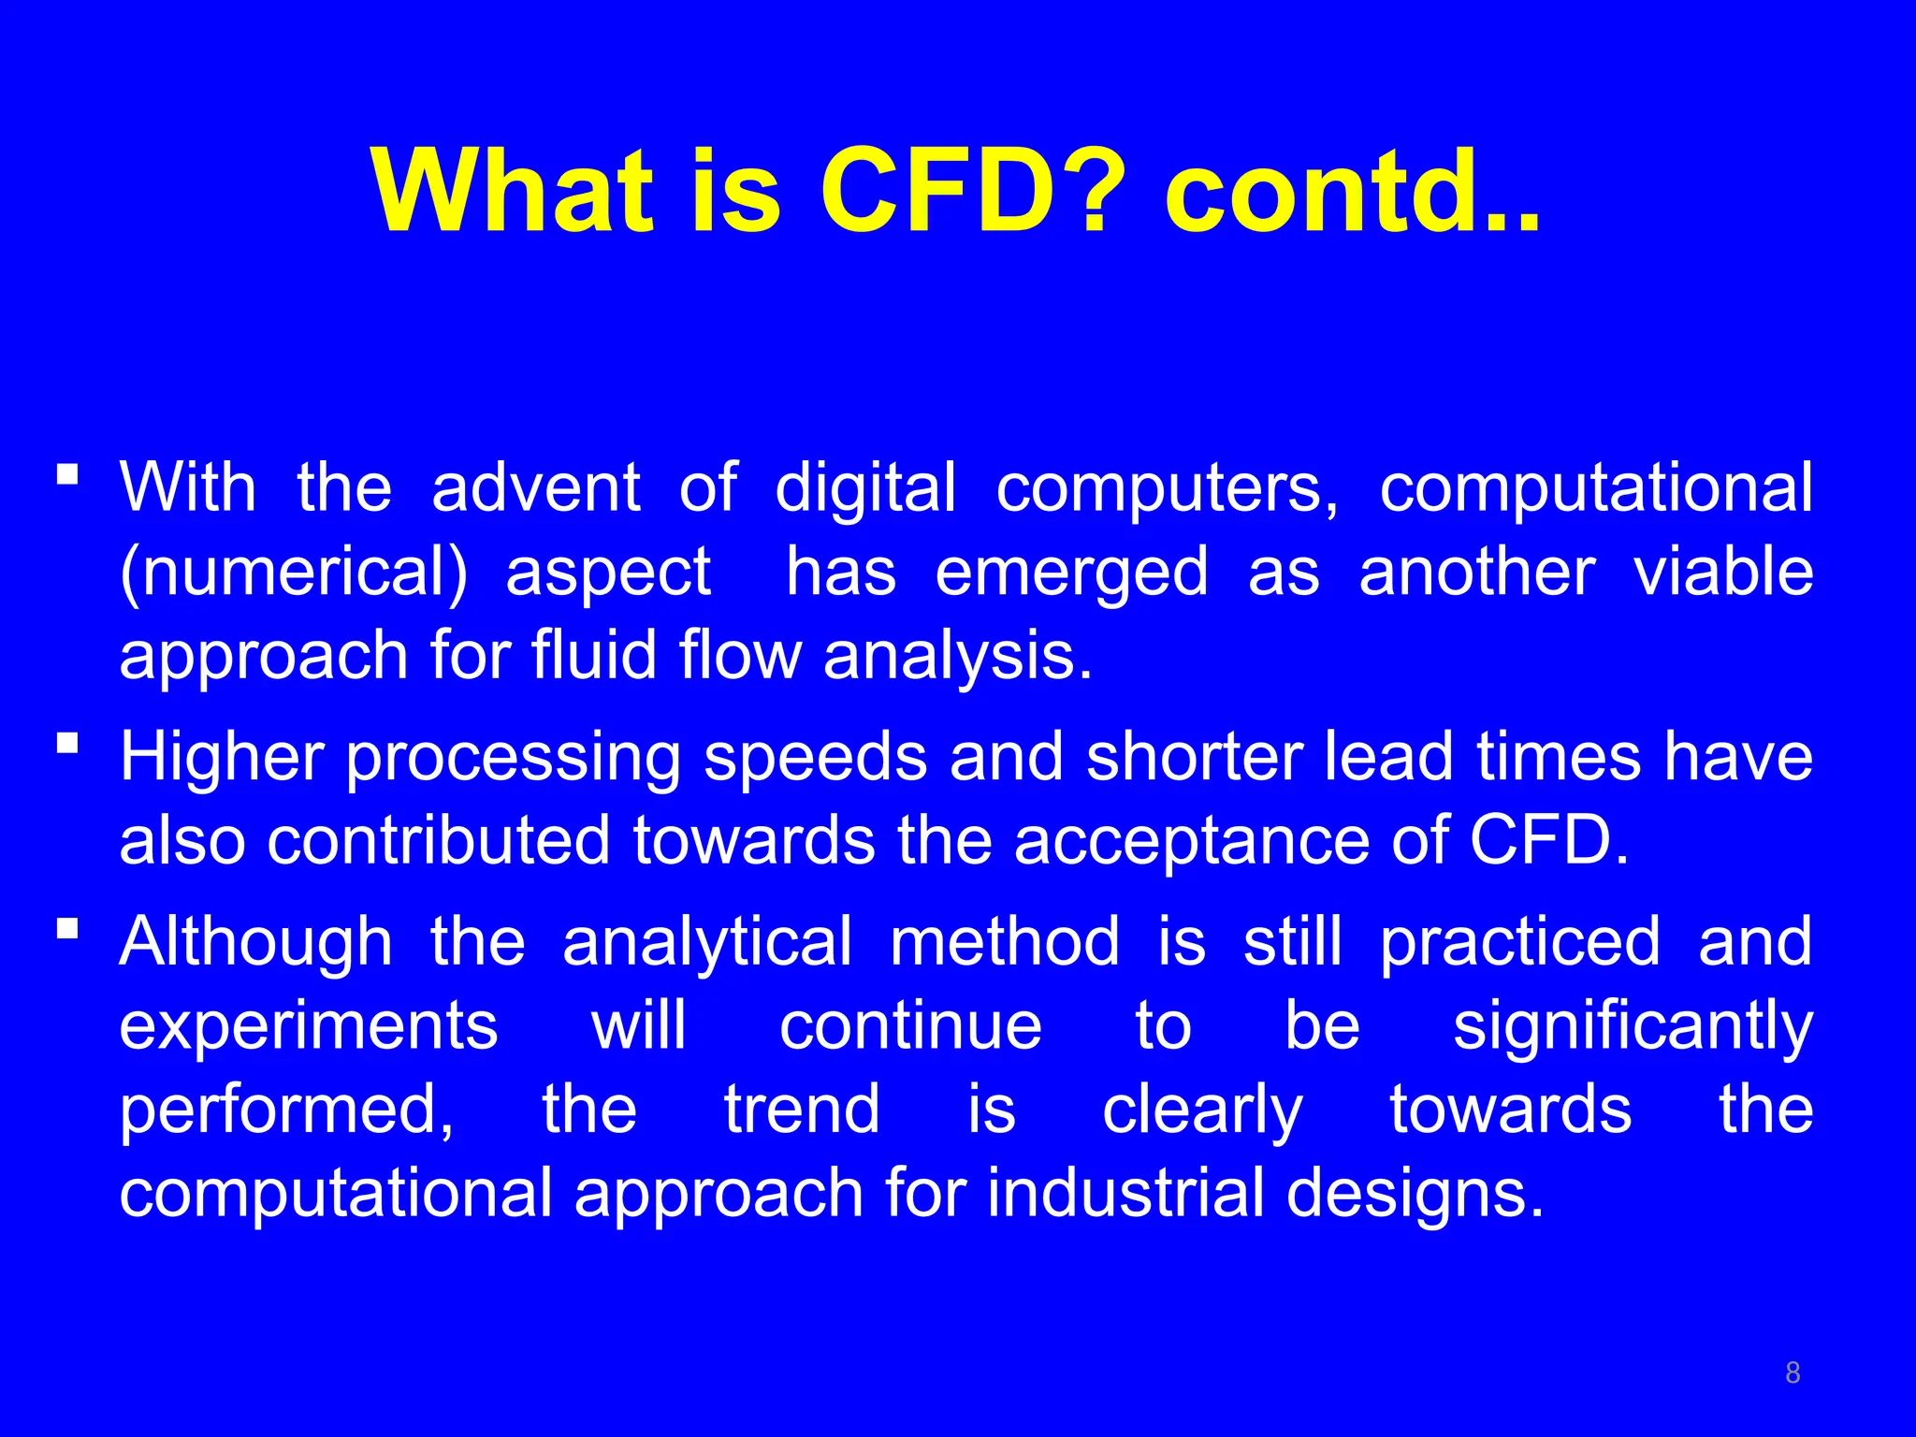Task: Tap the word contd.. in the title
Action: [x=1353, y=192]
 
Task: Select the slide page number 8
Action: [x=1793, y=1372]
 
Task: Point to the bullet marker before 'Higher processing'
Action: [x=67, y=744]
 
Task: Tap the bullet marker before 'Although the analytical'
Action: [x=67, y=929]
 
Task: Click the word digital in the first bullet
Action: [x=865, y=488]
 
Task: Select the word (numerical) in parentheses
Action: [x=294, y=573]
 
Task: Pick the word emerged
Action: [x=1071, y=573]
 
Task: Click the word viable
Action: [x=1723, y=573]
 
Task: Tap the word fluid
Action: [x=595, y=655]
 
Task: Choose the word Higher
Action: [x=222, y=757]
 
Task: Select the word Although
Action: [x=255, y=942]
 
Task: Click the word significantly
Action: [x=1633, y=1026]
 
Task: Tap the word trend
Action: [x=802, y=1110]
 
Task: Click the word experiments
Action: [x=309, y=1026]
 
